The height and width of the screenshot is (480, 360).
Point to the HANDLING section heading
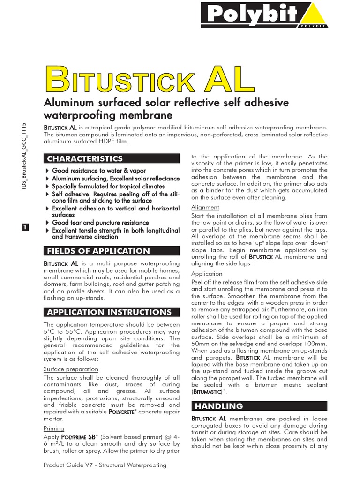[212, 406]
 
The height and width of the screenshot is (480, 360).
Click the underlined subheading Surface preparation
[71, 369]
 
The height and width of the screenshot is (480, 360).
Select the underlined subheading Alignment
[205, 207]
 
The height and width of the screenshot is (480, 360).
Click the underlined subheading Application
[207, 274]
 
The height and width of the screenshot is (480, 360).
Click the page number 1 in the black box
[25, 227]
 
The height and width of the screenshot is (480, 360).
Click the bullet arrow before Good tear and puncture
[46, 223]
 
